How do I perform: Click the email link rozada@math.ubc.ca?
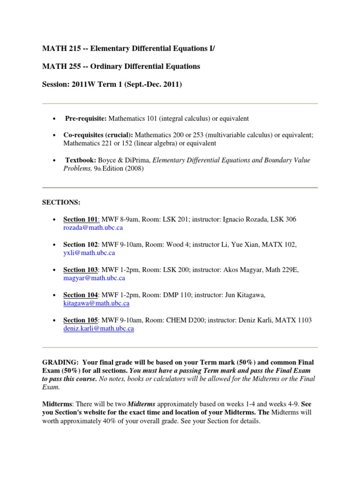93,227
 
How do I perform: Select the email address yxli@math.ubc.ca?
89,253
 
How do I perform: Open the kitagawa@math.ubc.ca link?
96,303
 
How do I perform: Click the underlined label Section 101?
81,219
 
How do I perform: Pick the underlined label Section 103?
81,270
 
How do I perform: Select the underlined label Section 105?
81,320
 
